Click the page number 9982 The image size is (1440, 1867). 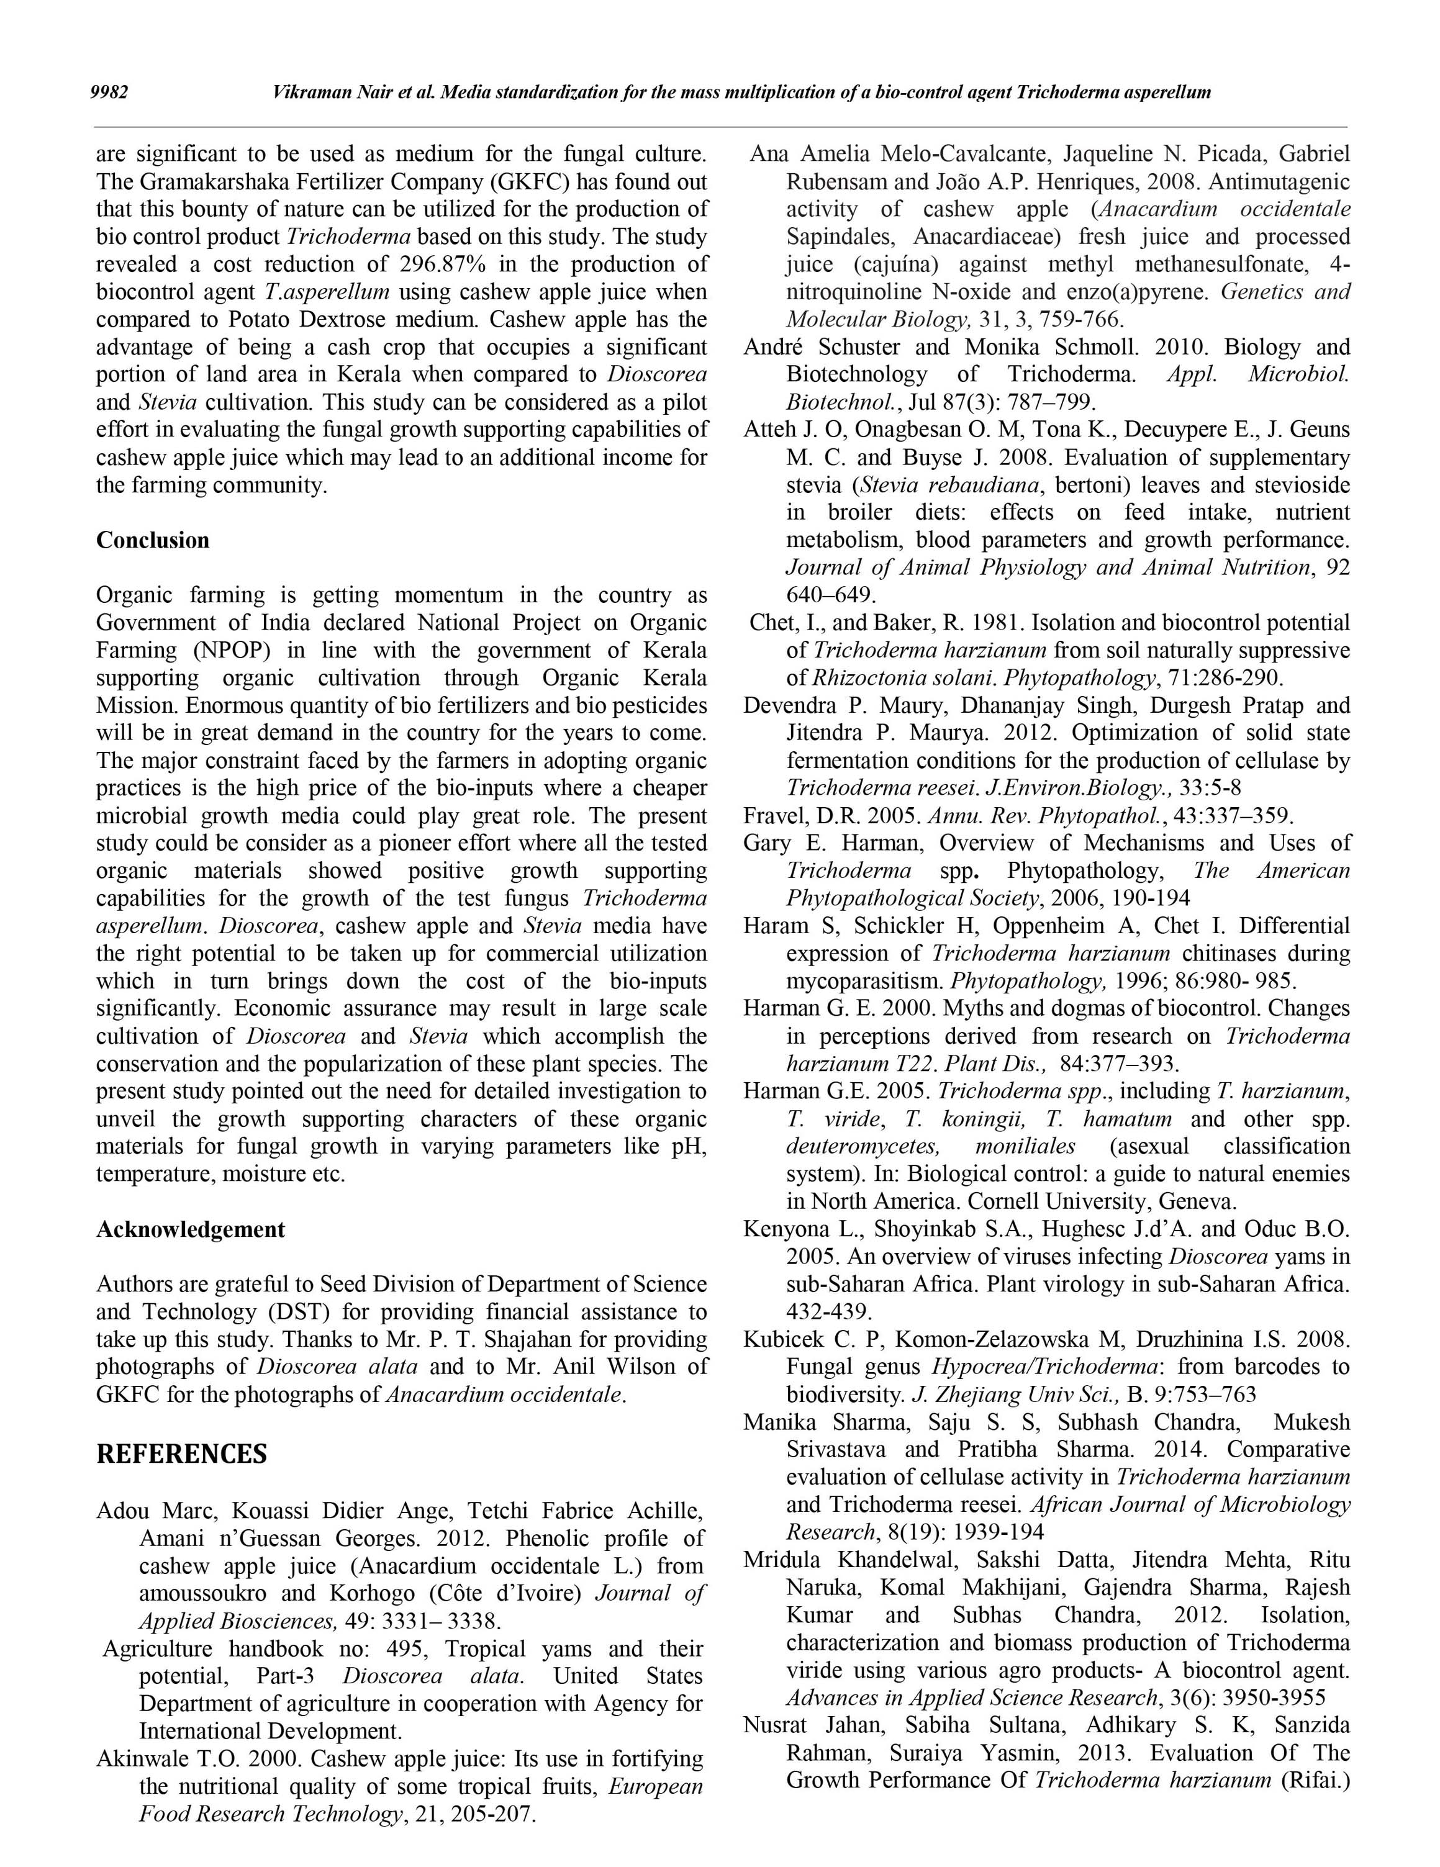pyautogui.click(x=109, y=93)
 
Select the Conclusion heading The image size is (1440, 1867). pyautogui.click(x=152, y=540)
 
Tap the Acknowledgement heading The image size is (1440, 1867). pyautogui.click(x=190, y=1229)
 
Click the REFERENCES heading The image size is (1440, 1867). pyautogui.click(x=181, y=1454)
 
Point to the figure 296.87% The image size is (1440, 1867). pyautogui.click(x=444, y=264)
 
